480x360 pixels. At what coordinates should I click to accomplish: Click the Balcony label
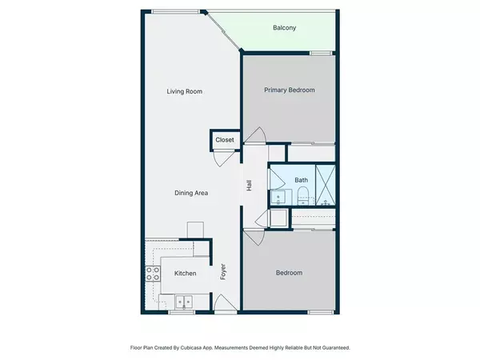click(x=284, y=28)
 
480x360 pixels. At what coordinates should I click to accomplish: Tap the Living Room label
click(x=184, y=91)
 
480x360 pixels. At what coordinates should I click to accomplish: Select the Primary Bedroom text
click(x=290, y=90)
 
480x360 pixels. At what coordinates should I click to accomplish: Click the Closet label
click(x=225, y=140)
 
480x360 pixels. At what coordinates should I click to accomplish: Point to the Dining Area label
click(x=191, y=193)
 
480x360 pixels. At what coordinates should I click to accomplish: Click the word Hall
click(x=249, y=186)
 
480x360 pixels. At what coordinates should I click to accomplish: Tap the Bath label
click(x=302, y=180)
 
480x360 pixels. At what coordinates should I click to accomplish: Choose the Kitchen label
click(x=186, y=274)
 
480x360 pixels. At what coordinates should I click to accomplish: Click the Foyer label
click(x=223, y=271)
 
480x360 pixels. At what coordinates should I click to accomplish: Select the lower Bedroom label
click(x=290, y=273)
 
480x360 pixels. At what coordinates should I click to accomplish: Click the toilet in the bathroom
click(x=302, y=196)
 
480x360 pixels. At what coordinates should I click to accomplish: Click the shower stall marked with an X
click(x=326, y=186)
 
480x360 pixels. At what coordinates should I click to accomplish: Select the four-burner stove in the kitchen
click(x=153, y=274)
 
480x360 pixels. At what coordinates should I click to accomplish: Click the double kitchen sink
click(x=184, y=302)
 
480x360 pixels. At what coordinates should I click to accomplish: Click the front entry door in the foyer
click(x=226, y=303)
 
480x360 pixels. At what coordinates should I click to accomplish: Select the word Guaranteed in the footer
click(x=336, y=348)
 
